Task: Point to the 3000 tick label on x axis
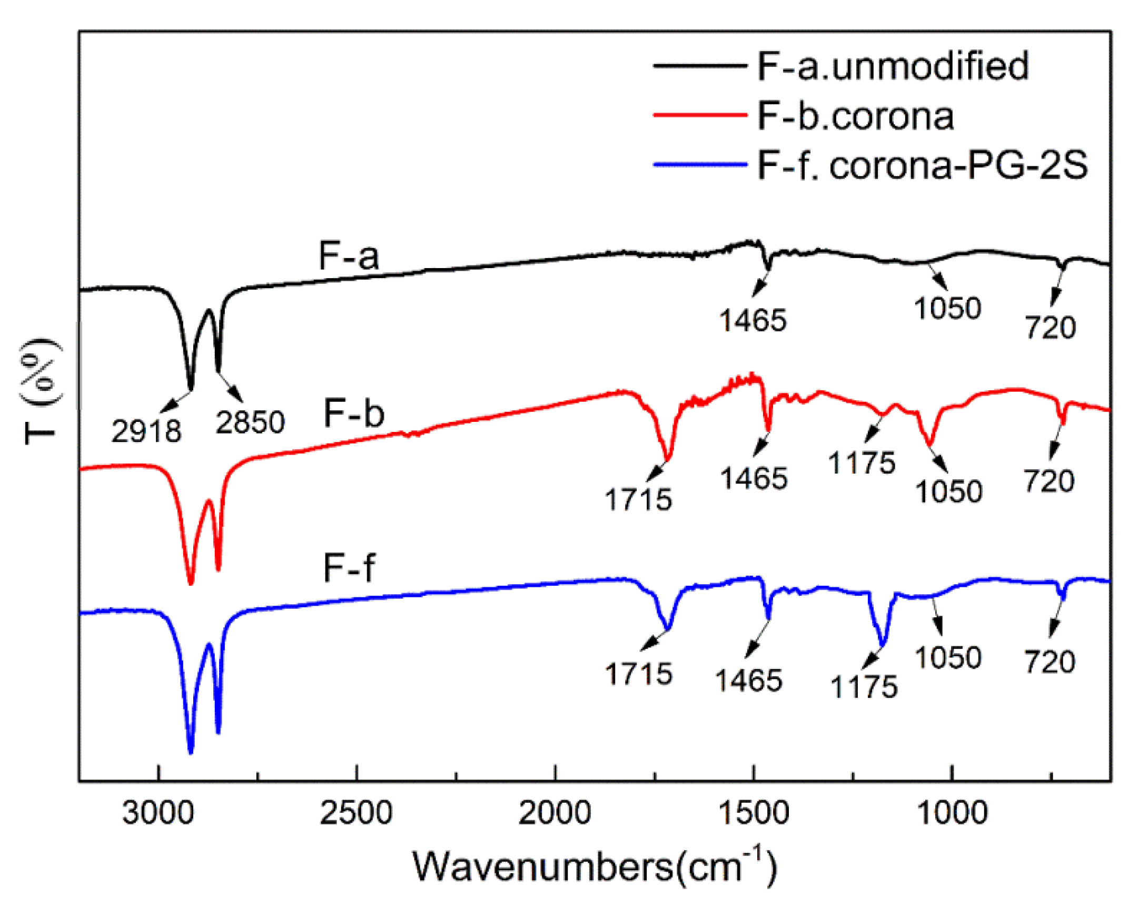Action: tap(158, 813)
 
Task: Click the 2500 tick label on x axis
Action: tap(357, 813)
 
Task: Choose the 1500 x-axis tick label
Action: tap(753, 813)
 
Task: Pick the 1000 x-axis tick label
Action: tap(952, 813)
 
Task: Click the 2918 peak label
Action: tap(146, 431)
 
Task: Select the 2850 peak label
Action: tap(250, 422)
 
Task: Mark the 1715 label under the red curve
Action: tap(638, 499)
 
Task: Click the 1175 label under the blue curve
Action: tap(864, 687)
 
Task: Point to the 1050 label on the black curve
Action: tap(947, 308)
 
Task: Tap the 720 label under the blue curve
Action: tap(1050, 662)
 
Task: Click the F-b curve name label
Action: tap(354, 413)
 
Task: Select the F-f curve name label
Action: tap(349, 568)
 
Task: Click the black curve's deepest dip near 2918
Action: tap(191, 388)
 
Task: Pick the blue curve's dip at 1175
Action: tap(882, 644)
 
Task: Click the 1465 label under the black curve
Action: tap(753, 320)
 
